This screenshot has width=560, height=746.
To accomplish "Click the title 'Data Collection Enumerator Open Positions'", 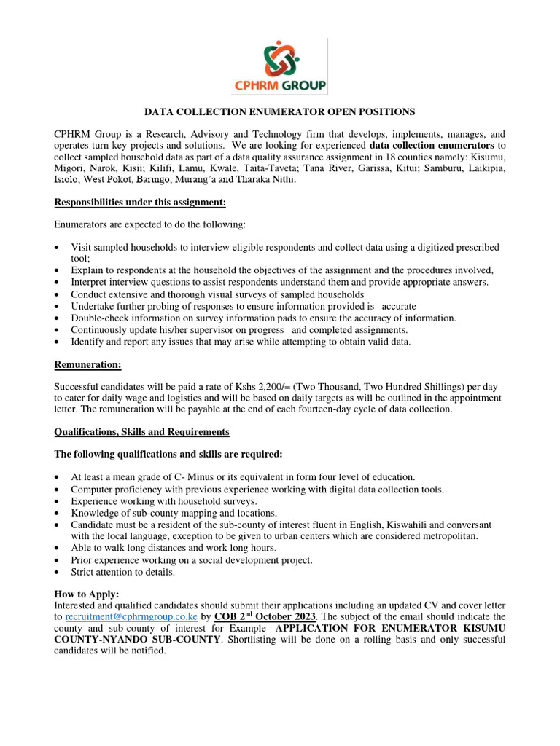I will pos(279,111).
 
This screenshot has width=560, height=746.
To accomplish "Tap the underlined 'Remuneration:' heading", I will pos(88,364).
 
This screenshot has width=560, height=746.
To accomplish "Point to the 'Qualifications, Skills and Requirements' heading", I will pos(142,432).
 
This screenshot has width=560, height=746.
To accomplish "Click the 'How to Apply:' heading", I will pos(87,594).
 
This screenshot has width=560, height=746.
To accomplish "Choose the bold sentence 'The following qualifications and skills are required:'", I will pos(168,455).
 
